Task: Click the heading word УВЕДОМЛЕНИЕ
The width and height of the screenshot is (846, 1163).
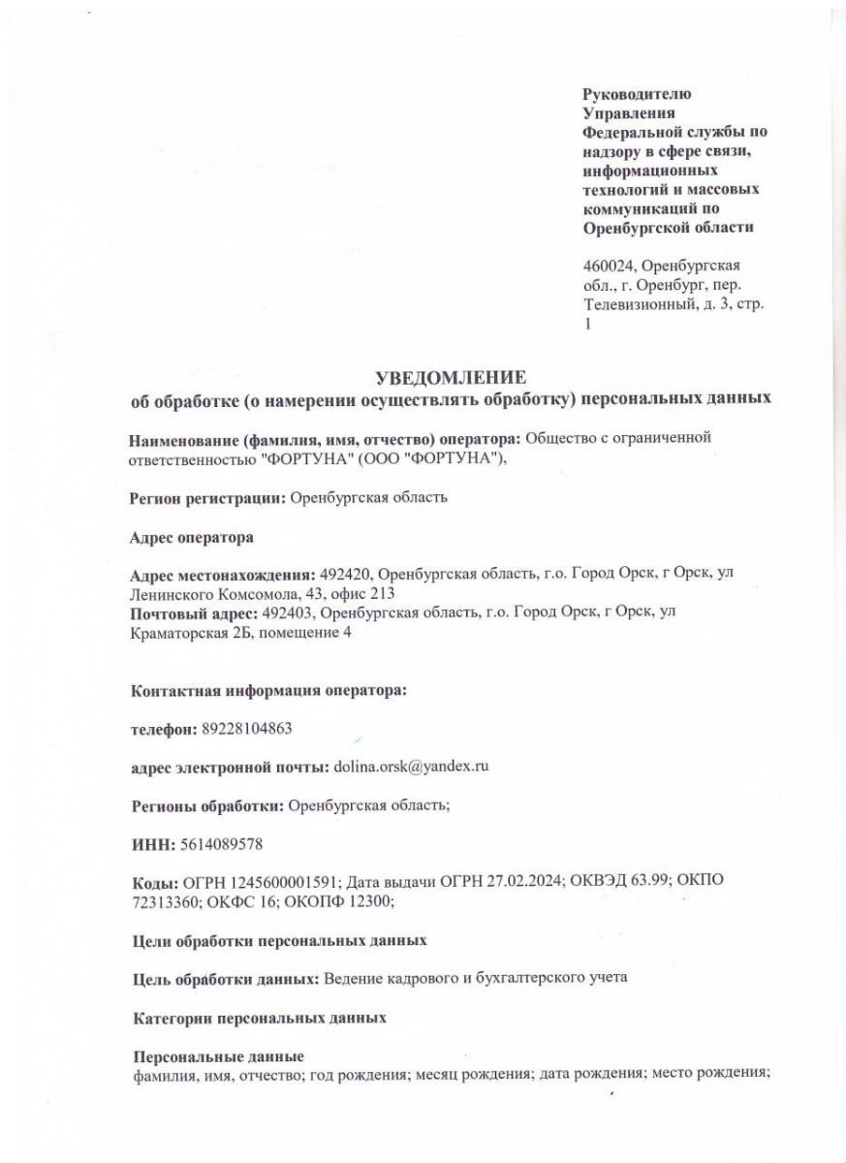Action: [451, 377]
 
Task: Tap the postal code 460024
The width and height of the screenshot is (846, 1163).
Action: [608, 266]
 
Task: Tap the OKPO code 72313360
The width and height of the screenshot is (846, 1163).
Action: [166, 901]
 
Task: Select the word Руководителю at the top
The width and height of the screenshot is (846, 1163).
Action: [637, 94]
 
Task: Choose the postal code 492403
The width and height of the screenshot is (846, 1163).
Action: [289, 614]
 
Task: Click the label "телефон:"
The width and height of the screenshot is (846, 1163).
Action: [164, 727]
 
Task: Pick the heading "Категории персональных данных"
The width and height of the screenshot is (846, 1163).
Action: [259, 1018]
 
